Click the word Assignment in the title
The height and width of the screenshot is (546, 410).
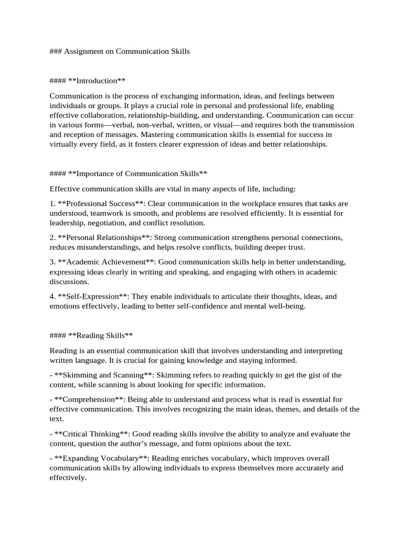87,52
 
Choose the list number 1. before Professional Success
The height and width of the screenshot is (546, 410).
53,204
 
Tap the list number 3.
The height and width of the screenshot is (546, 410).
53,262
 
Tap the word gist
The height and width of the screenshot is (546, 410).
309,375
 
